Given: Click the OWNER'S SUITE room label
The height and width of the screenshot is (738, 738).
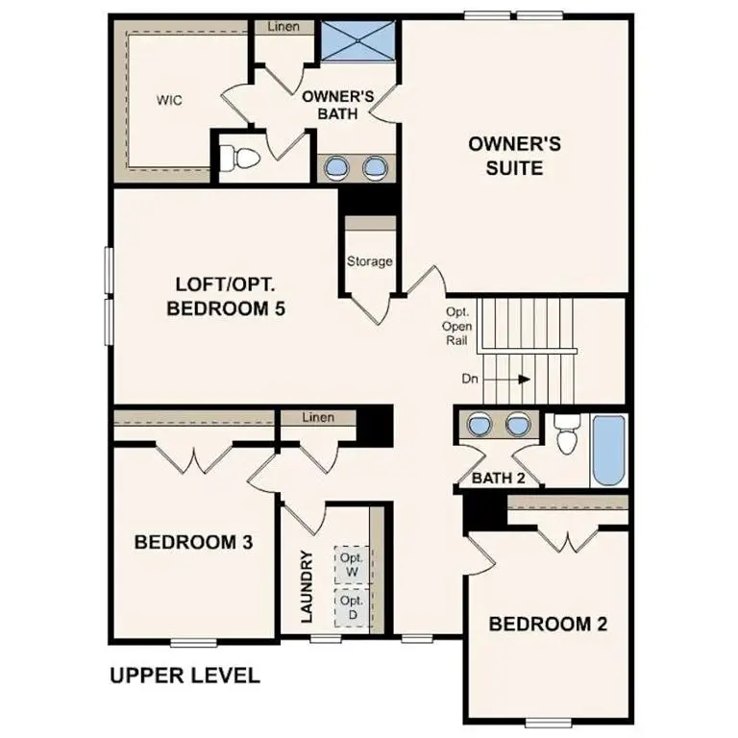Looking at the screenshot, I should [514, 156].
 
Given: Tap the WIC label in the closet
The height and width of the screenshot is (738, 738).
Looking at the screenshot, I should [170, 100].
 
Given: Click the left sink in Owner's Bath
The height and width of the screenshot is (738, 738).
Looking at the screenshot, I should [336, 168].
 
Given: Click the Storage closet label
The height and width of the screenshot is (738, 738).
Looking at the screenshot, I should [369, 261].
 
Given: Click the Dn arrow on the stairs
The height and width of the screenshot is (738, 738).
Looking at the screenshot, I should [523, 379].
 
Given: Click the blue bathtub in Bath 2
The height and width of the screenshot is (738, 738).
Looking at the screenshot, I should [607, 450].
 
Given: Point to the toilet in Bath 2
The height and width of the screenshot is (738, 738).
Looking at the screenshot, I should [566, 436].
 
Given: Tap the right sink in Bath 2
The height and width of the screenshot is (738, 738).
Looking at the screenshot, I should [519, 424].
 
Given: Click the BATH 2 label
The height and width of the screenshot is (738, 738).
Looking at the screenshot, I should [499, 478].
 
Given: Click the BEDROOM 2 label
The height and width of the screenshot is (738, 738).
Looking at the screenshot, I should [548, 624].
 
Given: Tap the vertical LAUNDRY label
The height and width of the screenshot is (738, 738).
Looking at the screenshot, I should [307, 586].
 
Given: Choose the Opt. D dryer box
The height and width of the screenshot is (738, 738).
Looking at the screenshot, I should [351, 608].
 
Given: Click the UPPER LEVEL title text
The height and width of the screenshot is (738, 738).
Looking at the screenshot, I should [185, 676].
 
